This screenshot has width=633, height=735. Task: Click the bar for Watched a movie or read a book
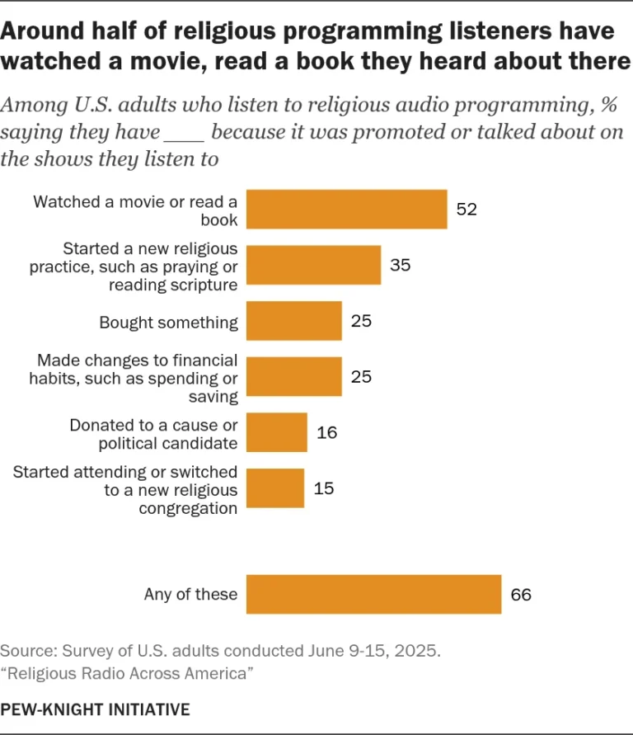point(347,209)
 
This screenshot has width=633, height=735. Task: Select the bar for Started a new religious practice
point(314,265)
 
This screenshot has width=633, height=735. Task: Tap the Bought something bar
point(294,321)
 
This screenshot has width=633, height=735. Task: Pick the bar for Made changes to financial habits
point(294,377)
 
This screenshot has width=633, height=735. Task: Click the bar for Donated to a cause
point(277,432)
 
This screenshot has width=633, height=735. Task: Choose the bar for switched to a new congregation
point(275,488)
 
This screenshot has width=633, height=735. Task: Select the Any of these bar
point(374,594)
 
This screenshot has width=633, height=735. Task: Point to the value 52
point(467,210)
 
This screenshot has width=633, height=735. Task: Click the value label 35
point(400,266)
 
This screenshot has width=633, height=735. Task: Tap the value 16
point(326,433)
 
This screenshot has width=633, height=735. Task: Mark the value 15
point(323,488)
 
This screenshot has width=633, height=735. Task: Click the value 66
point(521,595)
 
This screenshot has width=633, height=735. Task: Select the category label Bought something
point(168,322)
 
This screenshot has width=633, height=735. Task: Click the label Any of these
point(190,594)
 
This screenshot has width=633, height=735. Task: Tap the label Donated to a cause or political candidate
point(153,434)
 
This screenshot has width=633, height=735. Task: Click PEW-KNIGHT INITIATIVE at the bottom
point(95,709)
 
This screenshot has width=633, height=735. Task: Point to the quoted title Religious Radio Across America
point(126,674)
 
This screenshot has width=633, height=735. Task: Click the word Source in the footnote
point(25,651)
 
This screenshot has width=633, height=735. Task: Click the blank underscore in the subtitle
point(185,134)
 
